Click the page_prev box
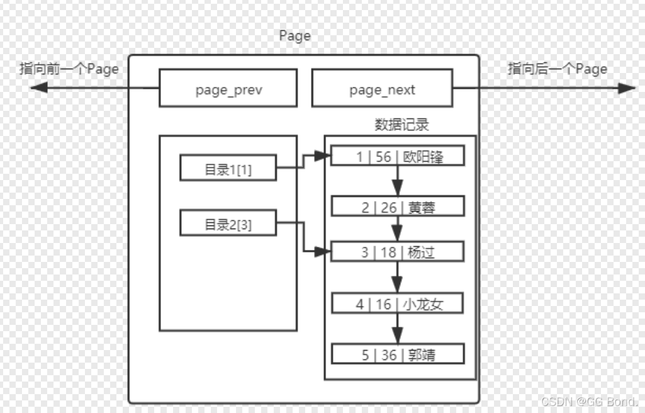(228, 88)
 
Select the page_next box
(382, 88)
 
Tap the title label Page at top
(294, 36)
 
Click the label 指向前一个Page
(69, 69)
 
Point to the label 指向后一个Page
(558, 69)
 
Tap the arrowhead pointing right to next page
(626, 88)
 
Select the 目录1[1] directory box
(228, 168)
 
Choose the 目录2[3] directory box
(228, 223)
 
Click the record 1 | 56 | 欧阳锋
(398, 156)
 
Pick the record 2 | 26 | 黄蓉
(398, 206)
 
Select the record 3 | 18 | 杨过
(398, 252)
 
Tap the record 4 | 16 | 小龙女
(398, 304)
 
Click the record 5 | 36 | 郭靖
(398, 354)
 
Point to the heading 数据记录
(401, 124)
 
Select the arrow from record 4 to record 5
(397, 329)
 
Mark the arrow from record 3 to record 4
(397, 278)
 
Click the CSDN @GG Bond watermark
(589, 401)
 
